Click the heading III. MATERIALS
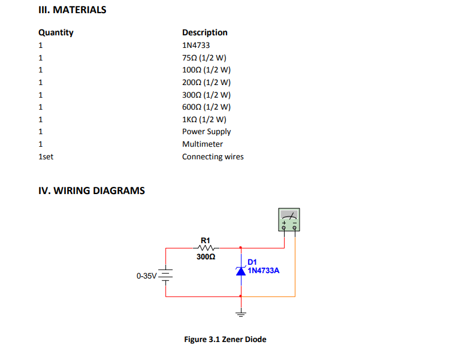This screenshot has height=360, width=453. [72, 10]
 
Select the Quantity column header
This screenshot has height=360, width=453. [56, 32]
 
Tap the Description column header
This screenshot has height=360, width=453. [204, 32]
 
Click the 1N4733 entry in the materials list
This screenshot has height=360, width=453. [196, 45]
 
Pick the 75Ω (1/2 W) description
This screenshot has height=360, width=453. [204, 58]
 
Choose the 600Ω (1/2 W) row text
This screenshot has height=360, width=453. [206, 107]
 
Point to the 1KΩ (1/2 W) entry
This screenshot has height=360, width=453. [204, 119]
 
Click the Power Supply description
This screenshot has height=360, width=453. [206, 132]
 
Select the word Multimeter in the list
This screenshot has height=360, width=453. [202, 144]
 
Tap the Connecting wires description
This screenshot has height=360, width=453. [213, 157]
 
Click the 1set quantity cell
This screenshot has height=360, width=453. [46, 157]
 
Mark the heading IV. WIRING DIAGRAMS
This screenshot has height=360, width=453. [92, 191]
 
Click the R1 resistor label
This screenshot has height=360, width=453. [205, 240]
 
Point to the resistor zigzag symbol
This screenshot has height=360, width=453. [205, 247]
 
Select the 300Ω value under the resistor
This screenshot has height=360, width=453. [205, 256]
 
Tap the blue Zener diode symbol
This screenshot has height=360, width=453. [241, 271]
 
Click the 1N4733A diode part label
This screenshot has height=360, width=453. [264, 270]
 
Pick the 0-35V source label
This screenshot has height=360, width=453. [146, 276]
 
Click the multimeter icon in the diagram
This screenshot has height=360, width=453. [289, 220]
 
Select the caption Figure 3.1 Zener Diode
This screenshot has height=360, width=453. [225, 340]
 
